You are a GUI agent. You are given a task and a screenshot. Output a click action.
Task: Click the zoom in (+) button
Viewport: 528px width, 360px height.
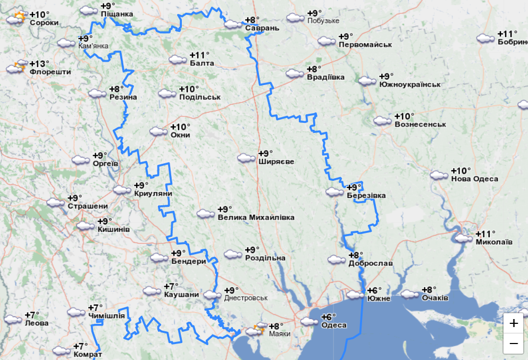click(x=514, y=323)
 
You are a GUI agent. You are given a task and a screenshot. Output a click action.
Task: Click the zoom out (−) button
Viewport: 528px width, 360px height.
click(x=514, y=344)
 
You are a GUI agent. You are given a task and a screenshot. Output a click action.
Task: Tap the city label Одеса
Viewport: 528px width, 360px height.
click(x=334, y=325)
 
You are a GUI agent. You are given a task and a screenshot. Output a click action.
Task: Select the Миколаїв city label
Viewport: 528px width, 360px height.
click(x=494, y=242)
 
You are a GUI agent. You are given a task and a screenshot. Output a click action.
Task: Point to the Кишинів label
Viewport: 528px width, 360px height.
click(x=114, y=229)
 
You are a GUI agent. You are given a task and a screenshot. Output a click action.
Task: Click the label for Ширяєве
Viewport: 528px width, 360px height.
click(x=276, y=162)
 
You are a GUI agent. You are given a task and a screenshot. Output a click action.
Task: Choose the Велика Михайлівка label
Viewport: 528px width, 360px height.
click(x=256, y=217)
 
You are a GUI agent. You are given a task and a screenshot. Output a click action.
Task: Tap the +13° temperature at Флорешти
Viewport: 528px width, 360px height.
click(x=40, y=63)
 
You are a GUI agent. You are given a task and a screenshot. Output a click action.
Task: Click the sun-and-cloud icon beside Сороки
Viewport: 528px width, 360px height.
click(x=16, y=19)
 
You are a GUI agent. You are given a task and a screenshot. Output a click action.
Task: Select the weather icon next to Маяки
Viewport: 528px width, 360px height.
click(x=255, y=330)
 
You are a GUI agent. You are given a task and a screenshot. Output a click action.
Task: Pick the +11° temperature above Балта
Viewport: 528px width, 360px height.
click(x=200, y=55)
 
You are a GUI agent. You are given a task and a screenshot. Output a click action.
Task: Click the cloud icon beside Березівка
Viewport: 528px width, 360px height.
click(x=334, y=191)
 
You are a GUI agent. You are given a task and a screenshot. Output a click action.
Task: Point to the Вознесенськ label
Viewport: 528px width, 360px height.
click(x=420, y=124)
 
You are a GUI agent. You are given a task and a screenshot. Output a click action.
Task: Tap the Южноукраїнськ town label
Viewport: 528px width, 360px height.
click(x=410, y=85)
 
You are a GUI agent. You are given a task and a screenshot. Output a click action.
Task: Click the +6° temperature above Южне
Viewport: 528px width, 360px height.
click(x=374, y=290)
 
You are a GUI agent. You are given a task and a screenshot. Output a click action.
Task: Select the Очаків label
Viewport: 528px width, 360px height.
click(x=435, y=298)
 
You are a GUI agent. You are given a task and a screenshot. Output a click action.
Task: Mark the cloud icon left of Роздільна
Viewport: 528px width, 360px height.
click(x=232, y=254)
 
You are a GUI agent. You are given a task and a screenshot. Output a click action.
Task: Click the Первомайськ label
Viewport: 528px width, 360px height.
click(x=365, y=45)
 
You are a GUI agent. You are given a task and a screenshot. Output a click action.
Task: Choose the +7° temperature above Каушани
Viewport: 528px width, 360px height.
click(x=172, y=286)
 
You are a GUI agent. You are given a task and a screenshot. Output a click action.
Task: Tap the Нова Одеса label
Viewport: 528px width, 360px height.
click(x=474, y=179)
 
